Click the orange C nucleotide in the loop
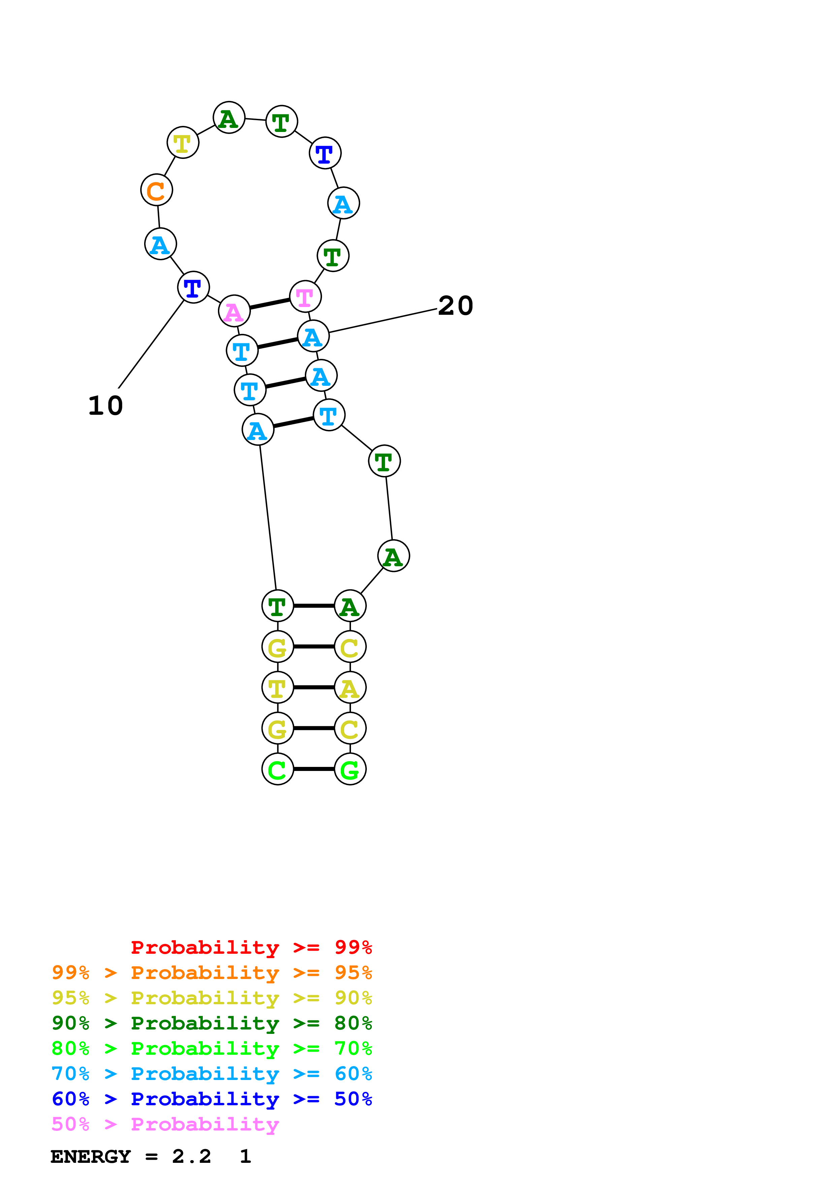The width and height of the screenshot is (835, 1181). (x=156, y=190)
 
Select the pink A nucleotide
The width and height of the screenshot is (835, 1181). (x=234, y=311)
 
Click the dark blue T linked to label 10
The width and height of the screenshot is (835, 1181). (x=193, y=287)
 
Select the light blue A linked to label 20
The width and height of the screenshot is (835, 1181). (x=313, y=336)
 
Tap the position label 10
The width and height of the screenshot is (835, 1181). (x=105, y=406)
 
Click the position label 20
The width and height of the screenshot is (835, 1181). (x=455, y=306)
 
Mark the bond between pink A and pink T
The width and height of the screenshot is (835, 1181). (x=269, y=303)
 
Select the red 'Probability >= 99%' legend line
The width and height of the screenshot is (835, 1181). (x=251, y=947)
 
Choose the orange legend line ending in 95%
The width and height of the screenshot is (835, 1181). (x=212, y=973)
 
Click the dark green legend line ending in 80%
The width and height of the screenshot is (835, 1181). (x=212, y=1023)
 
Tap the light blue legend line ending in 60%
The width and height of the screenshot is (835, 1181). (x=212, y=1074)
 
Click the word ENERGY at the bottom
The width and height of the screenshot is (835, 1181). (x=91, y=1157)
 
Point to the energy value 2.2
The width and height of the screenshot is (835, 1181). (x=191, y=1157)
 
